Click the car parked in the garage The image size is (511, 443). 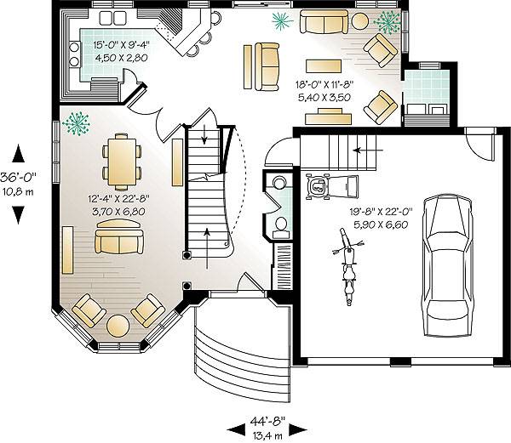tap(447, 264)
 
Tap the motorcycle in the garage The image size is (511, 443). tap(348, 267)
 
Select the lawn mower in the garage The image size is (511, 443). tap(332, 186)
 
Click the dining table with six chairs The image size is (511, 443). tap(122, 162)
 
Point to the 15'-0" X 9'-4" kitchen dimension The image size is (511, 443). tap(121, 45)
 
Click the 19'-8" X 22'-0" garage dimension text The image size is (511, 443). tap(382, 212)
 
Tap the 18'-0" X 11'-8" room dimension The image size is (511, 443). tap(324, 85)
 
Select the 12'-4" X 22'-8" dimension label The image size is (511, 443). tap(118, 198)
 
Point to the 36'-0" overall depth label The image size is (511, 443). tap(18, 178)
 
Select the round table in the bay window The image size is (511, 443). tap(118, 326)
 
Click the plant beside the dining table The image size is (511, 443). tap(77, 123)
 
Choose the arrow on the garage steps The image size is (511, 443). tap(368, 151)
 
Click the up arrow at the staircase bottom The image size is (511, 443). tap(207, 249)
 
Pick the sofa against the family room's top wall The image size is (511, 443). tap(324, 21)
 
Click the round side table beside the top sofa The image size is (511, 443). tap(359, 21)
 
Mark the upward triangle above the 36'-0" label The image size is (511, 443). tap(18, 154)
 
